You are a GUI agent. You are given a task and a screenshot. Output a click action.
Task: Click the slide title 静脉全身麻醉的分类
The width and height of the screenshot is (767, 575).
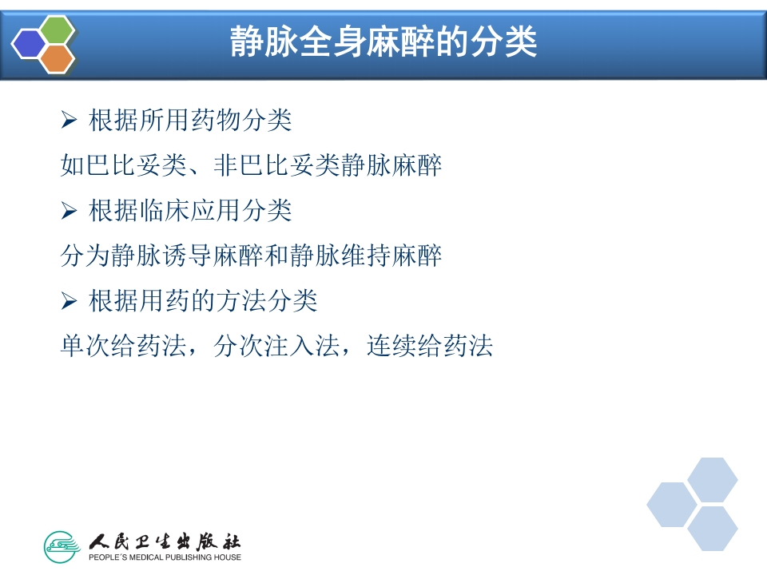[x=383, y=42]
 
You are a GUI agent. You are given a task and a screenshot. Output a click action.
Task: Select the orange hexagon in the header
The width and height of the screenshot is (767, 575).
[x=56, y=58]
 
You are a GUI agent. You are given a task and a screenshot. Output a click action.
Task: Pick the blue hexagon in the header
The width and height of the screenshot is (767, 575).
[x=30, y=44]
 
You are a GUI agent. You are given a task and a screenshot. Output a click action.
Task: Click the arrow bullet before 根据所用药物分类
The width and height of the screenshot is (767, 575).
[x=68, y=121]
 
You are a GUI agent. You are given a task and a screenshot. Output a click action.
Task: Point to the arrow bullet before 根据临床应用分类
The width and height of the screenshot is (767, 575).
[x=68, y=212]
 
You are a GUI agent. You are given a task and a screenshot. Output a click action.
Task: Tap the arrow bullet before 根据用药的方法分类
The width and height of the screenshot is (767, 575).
[x=68, y=302]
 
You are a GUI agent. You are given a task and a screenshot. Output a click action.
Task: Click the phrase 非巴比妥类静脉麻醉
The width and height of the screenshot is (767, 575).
[x=328, y=166]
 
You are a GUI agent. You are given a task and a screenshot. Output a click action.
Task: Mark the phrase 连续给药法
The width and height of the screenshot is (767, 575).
[x=430, y=347]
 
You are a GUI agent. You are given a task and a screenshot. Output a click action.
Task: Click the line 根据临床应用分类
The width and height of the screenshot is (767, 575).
[x=190, y=212]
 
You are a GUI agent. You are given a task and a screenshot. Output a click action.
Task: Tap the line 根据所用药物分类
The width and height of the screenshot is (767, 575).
[x=190, y=121]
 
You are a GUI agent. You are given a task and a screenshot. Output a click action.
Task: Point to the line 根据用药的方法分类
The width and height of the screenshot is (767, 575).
[x=203, y=302]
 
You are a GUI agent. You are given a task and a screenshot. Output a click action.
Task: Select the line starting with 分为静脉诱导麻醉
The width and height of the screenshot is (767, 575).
[x=251, y=256]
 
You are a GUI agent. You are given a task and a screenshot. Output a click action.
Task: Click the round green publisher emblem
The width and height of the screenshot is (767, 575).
[x=62, y=547]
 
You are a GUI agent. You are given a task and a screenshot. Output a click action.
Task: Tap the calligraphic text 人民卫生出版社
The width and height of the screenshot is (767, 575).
[x=165, y=541]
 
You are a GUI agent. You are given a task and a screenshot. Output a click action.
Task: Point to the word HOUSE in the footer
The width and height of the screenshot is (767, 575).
[x=229, y=557]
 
